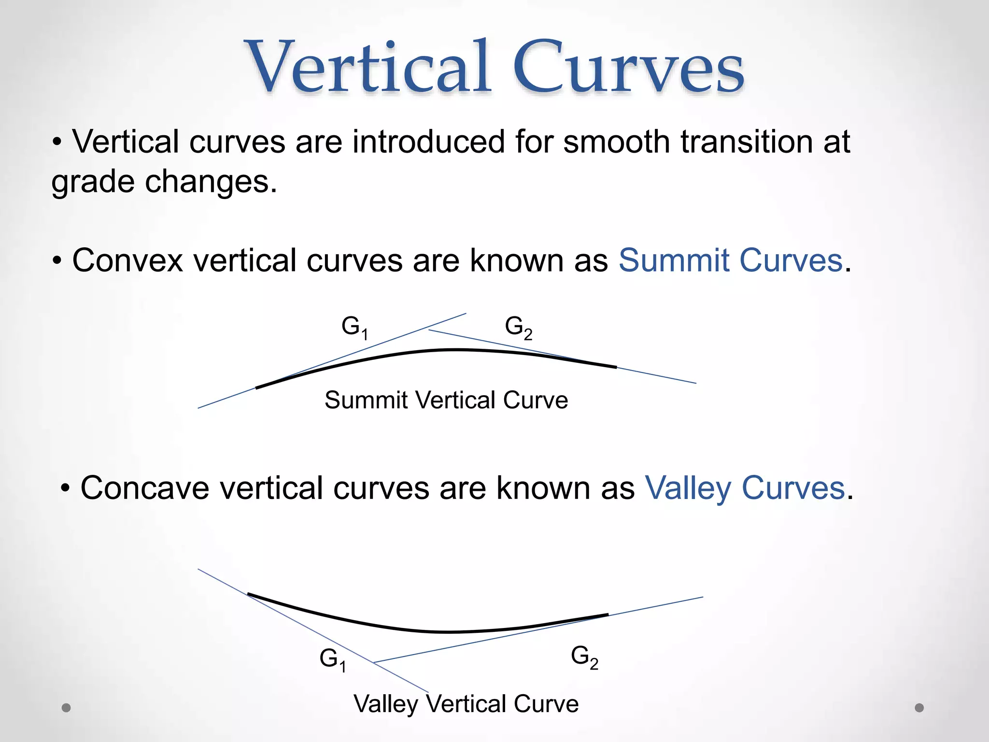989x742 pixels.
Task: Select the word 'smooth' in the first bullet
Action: point(616,142)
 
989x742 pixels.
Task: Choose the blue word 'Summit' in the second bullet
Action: point(674,261)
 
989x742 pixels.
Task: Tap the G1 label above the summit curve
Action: point(354,328)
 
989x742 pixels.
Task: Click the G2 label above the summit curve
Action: point(518,328)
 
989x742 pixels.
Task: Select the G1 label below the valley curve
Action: point(333,659)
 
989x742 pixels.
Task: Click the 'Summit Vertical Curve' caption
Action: point(446,400)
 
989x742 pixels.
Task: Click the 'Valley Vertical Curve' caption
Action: point(466,704)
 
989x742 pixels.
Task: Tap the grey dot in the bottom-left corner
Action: point(67,708)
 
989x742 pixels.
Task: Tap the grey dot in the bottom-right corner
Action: point(919,708)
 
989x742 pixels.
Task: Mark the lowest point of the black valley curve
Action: point(447,632)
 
